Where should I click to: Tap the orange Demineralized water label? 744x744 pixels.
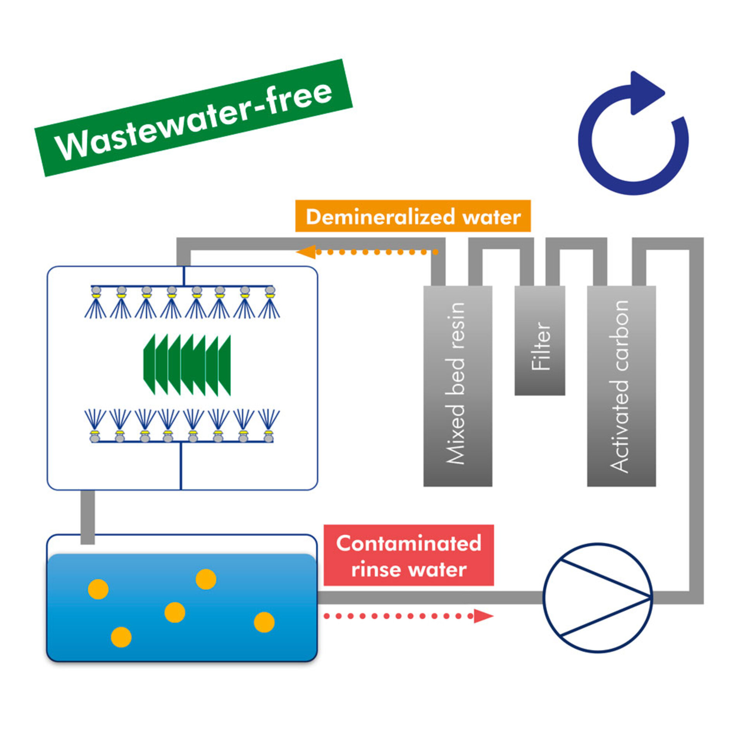[x=413, y=216]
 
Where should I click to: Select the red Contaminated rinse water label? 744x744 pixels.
[x=408, y=555]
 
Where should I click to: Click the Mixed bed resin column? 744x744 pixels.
[x=458, y=386]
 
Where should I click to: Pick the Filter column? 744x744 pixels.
[x=539, y=341]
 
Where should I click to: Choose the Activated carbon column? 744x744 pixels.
[x=621, y=386]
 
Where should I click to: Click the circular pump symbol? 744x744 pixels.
[x=598, y=598]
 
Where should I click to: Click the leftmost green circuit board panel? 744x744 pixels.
[x=149, y=364]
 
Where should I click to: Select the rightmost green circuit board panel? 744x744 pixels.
[x=225, y=365]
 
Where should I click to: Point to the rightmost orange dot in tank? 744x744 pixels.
[x=264, y=622]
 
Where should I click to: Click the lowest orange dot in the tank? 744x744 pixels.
[x=121, y=637]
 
